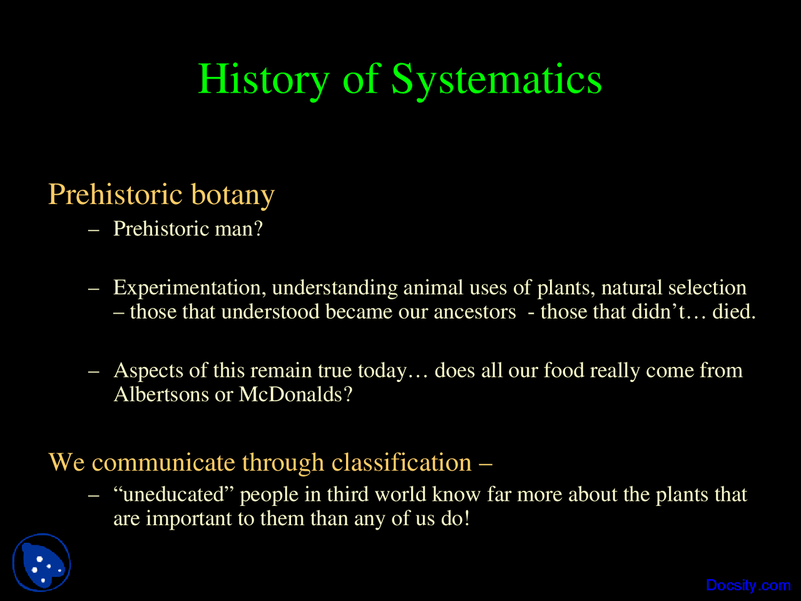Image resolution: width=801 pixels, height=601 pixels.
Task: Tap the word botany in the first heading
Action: click(x=232, y=195)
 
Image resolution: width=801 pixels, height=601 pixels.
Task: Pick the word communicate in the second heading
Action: click(x=163, y=463)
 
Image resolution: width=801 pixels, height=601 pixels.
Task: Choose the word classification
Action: click(x=401, y=463)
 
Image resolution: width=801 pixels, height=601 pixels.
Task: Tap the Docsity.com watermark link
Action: click(x=748, y=585)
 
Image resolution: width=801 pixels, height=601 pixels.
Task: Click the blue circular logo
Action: click(x=41, y=562)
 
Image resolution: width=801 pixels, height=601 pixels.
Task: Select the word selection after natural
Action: click(x=707, y=288)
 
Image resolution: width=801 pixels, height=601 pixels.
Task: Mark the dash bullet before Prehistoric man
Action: click(x=94, y=230)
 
